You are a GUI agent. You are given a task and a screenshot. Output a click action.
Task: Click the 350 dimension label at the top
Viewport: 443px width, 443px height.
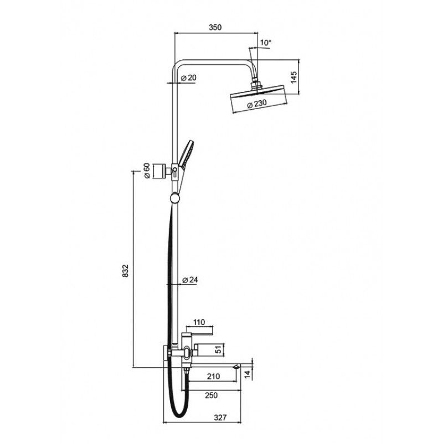coord(215,27)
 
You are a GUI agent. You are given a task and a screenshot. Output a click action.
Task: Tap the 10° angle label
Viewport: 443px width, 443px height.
coord(266,43)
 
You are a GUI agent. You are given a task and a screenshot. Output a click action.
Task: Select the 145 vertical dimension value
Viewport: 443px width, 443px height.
coord(293,78)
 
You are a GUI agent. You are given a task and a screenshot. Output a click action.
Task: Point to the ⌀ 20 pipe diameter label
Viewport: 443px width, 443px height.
coord(188,78)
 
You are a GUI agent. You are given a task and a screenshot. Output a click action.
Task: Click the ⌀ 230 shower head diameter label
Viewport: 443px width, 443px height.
coord(257,104)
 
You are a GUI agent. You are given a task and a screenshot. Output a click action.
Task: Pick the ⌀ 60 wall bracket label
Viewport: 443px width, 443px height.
coord(147,171)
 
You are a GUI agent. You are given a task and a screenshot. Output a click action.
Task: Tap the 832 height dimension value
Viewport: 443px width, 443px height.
coord(126,271)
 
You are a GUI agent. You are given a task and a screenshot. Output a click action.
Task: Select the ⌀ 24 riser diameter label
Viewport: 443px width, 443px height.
coord(190,280)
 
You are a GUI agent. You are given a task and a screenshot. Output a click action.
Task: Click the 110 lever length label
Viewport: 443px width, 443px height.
coord(199,322)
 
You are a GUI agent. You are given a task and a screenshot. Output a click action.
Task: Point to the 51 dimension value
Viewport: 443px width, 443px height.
coord(218,350)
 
